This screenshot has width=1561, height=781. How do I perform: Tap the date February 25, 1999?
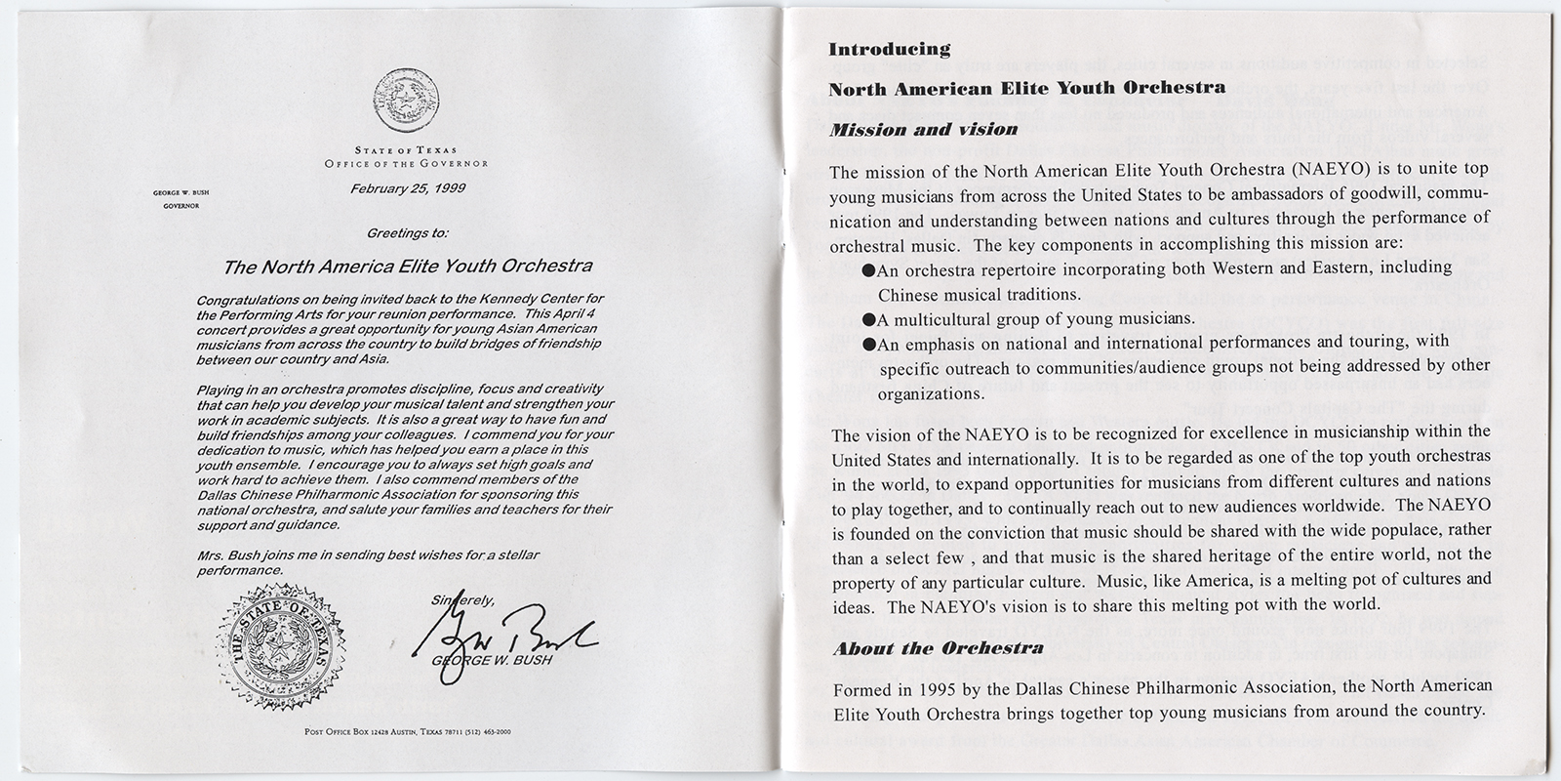click(407, 188)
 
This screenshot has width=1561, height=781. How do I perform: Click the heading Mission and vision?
click(922, 129)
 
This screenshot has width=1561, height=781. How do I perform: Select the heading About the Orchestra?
click(938, 648)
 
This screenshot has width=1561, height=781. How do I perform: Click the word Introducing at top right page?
click(889, 49)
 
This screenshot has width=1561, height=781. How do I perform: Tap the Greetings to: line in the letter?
click(407, 233)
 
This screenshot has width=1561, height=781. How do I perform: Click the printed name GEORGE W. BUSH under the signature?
click(492, 660)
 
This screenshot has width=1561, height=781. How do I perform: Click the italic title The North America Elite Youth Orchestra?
click(407, 266)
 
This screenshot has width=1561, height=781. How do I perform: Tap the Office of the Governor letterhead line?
click(407, 163)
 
